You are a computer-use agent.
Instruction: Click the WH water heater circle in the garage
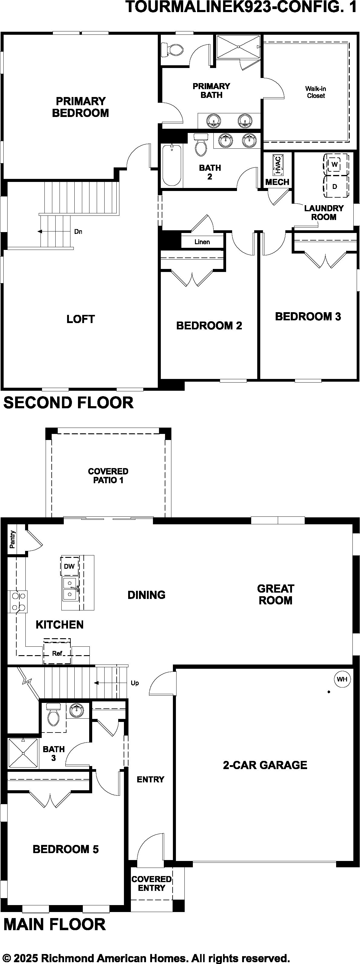342,679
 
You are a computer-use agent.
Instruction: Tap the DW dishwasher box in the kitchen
70,566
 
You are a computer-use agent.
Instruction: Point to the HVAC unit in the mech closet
277,165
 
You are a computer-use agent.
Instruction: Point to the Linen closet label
202,242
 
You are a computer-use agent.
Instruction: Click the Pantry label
13,539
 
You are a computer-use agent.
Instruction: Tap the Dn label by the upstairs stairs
78,232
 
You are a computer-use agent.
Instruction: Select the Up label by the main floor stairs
135,683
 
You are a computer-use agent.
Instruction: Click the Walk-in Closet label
316,92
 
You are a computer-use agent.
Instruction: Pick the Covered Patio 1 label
108,476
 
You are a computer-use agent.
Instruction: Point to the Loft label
80,319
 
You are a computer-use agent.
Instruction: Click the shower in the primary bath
238,47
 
